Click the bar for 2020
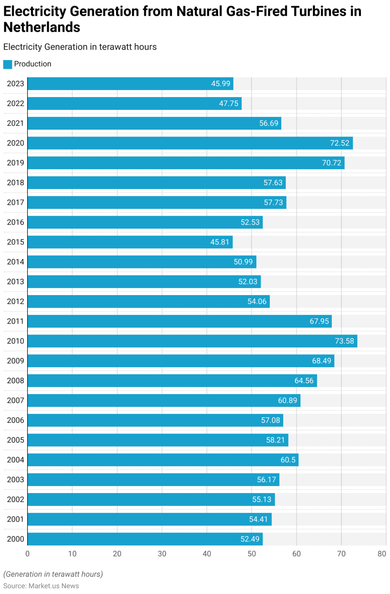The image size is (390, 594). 190,143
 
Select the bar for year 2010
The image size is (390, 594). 192,341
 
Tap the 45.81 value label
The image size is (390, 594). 220,242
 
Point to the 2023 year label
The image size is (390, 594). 15,84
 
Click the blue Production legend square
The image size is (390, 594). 7,64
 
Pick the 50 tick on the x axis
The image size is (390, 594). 252,554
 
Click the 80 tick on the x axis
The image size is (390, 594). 381,554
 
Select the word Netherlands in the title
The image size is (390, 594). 42,27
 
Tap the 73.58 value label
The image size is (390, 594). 344,341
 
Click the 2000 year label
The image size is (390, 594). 15,539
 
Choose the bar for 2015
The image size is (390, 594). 130,242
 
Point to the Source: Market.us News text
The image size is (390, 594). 41,586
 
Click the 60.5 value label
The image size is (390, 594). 288,460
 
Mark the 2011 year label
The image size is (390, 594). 15,321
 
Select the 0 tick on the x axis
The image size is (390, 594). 27,554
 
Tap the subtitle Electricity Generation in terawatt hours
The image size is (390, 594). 80,47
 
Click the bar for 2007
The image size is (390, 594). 164,401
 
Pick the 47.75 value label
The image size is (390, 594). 229,104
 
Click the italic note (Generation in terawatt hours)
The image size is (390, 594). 53,574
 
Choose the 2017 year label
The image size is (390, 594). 15,203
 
